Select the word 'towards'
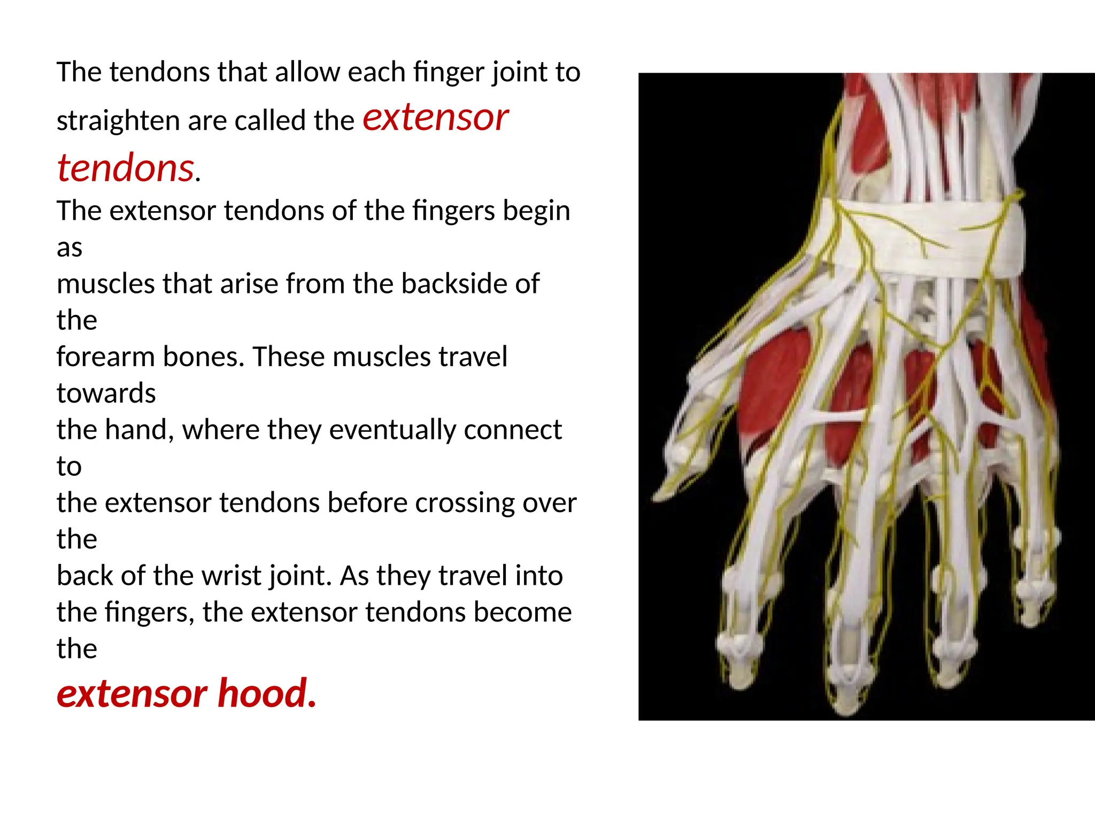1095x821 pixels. (106, 393)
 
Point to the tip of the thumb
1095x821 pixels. (663, 494)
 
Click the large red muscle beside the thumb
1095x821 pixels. (770, 385)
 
